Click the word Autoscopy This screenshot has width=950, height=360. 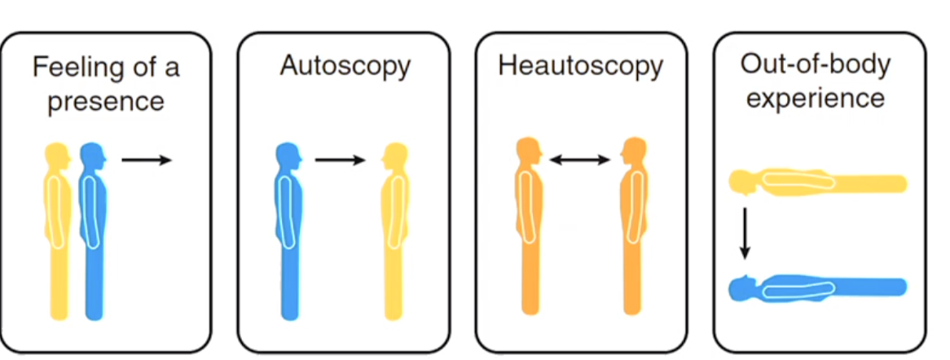[x=345, y=67]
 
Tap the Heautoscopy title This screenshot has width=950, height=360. [x=580, y=67]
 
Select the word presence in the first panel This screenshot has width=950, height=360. [x=105, y=102]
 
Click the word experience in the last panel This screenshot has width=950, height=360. [x=816, y=99]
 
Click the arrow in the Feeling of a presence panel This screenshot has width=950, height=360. [x=147, y=160]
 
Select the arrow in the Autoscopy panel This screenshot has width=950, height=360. [x=340, y=160]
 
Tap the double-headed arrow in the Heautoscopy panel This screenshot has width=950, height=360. [x=579, y=160]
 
